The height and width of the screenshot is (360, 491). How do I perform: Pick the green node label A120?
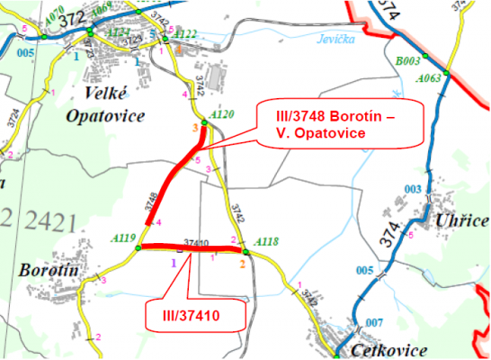(221, 115)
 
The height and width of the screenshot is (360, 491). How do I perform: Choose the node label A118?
(267, 241)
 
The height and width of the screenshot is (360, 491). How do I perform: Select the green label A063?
(428, 79)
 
